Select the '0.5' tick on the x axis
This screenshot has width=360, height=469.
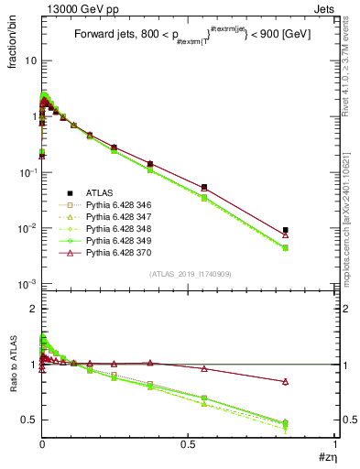click(x=188, y=442)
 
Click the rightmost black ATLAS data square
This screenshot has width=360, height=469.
click(x=286, y=230)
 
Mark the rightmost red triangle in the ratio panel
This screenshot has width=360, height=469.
click(x=286, y=381)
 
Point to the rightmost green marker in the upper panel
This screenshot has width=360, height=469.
click(x=286, y=247)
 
